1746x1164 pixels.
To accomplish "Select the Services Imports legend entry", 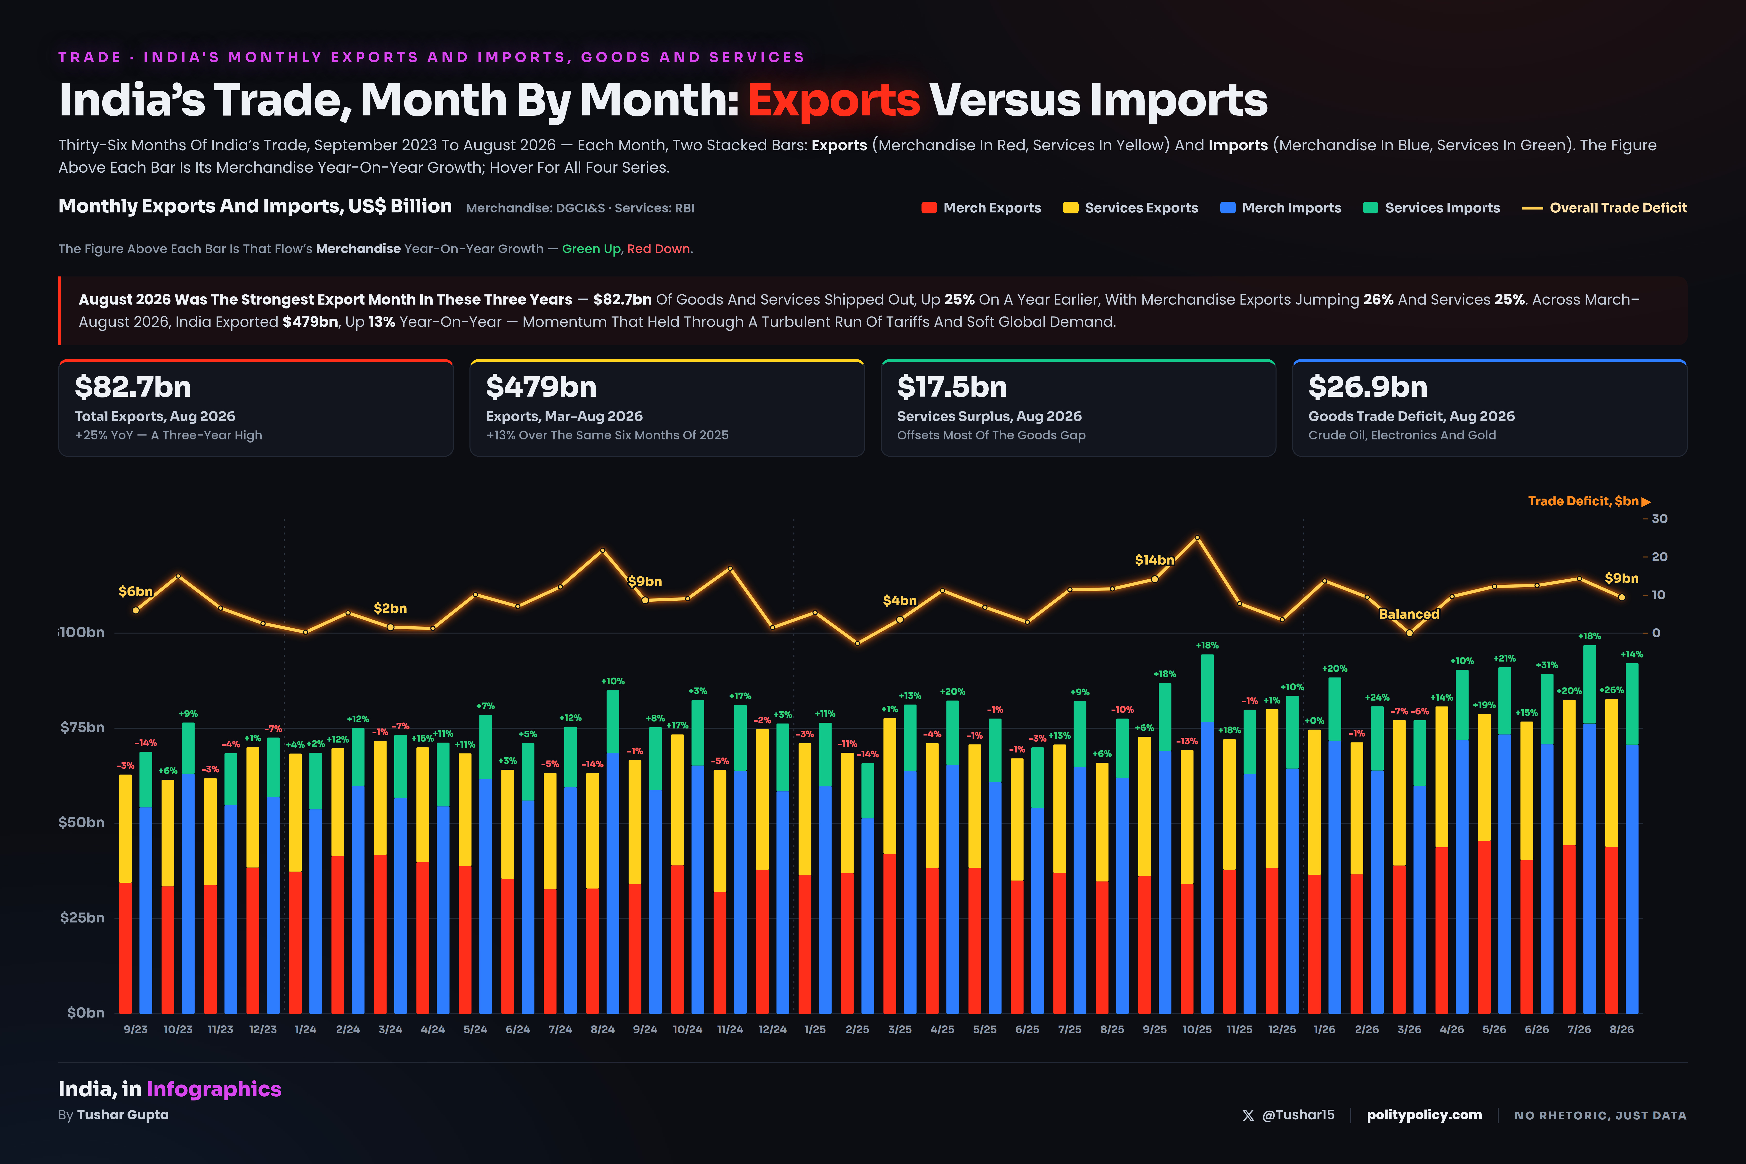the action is click(x=1431, y=208).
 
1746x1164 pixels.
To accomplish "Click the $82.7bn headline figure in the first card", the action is click(x=133, y=387).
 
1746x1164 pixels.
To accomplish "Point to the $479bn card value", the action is click(x=541, y=387).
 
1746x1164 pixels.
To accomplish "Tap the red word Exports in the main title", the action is click(x=834, y=100).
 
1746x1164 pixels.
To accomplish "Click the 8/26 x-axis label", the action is click(x=1621, y=1030).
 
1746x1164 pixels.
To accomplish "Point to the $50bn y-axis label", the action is click(x=82, y=823).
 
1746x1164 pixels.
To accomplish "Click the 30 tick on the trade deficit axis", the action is click(x=1659, y=519).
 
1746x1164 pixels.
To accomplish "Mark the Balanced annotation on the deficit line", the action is click(x=1409, y=614).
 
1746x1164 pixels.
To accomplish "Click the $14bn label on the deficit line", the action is click(x=1154, y=560).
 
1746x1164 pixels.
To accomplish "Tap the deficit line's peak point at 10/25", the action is click(x=1197, y=537).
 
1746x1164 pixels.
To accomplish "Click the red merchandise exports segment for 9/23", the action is click(x=125, y=948).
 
